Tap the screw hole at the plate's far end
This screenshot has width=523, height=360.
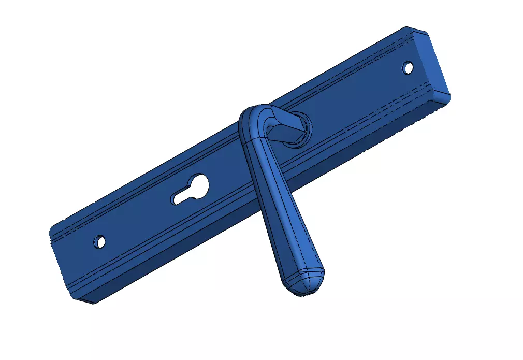click(x=409, y=67)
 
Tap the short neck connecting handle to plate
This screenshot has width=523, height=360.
click(x=285, y=127)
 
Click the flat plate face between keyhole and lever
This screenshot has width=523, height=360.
click(x=228, y=176)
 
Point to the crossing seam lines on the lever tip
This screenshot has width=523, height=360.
click(x=306, y=280)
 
